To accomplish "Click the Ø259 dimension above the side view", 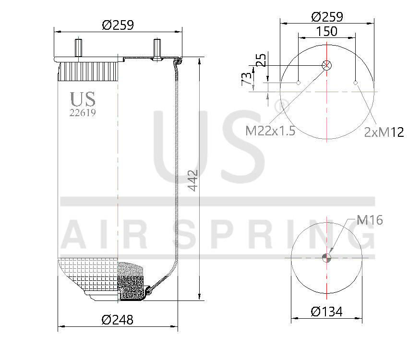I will (118, 24).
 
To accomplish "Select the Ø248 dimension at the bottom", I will (118, 319).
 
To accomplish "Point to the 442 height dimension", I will (192, 180).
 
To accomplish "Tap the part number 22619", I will (83, 113).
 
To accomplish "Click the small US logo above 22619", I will (83, 99).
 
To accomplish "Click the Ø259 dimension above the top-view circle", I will (327, 17).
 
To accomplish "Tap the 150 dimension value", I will (326, 31).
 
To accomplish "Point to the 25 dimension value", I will (261, 61).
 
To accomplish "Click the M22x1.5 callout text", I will (270, 131).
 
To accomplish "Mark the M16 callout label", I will (370, 220).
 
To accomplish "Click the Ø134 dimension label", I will (326, 312).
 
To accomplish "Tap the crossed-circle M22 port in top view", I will (327, 65).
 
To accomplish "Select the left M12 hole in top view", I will (298, 83).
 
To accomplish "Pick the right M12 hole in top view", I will (356, 83).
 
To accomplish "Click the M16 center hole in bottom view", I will (327, 258).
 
